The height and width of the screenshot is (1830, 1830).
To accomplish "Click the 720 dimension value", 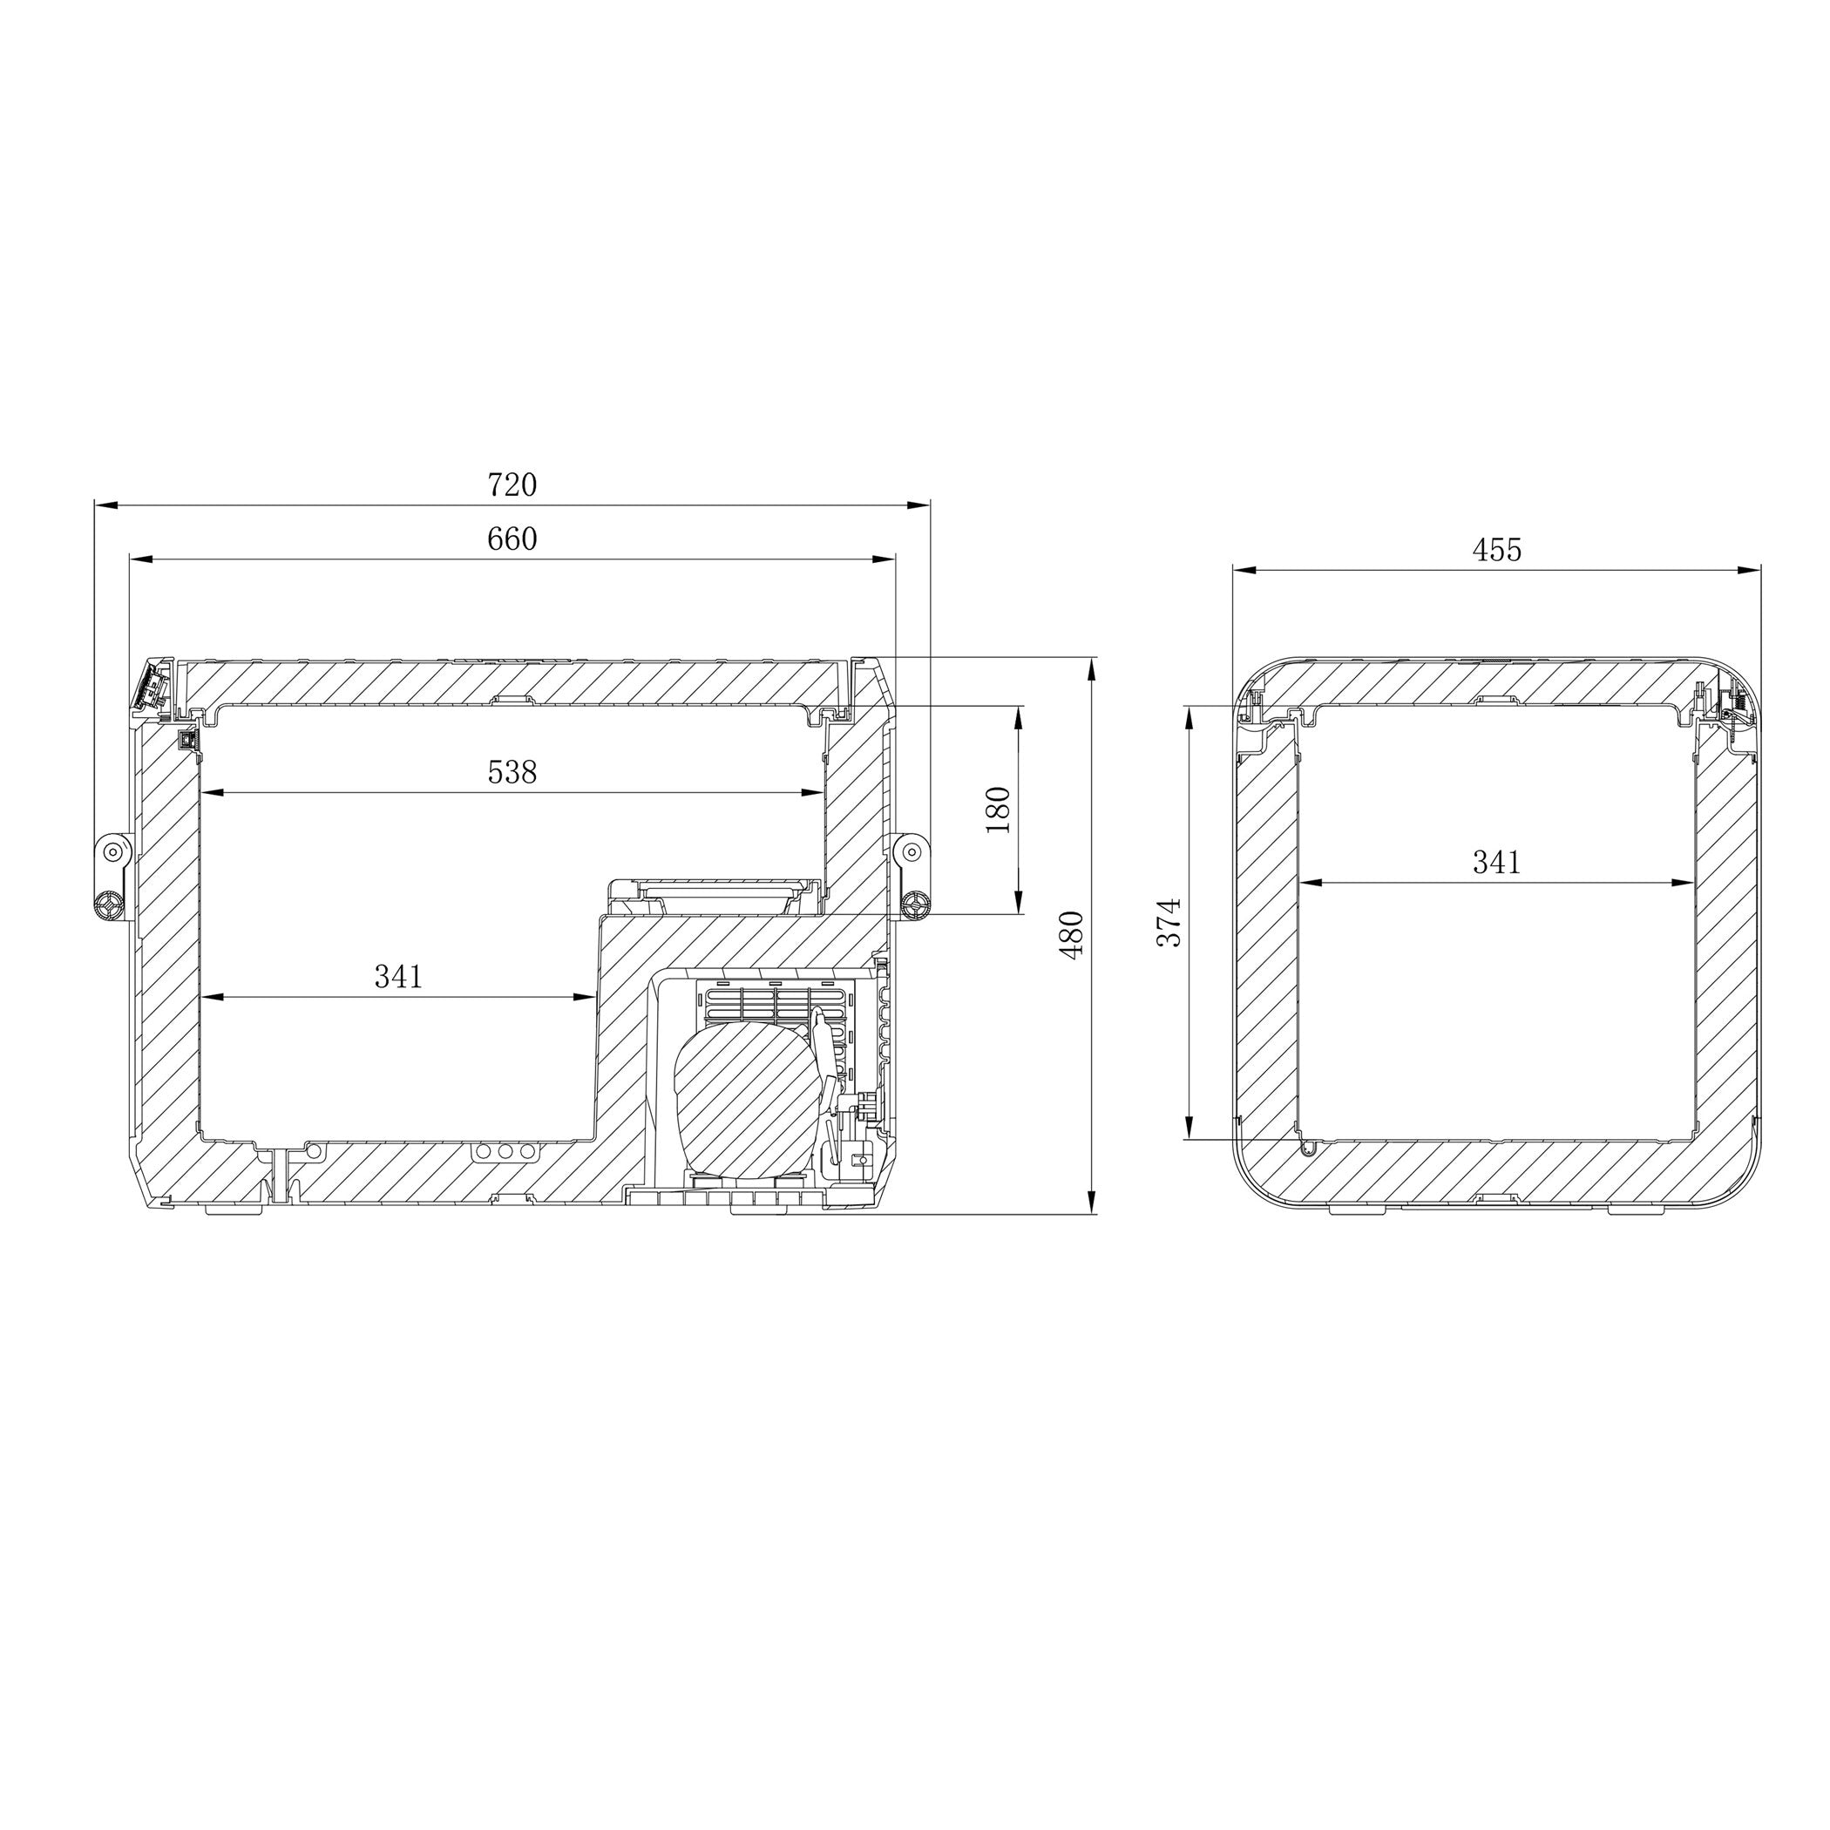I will (512, 486).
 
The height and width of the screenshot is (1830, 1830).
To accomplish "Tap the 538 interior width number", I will (512, 773).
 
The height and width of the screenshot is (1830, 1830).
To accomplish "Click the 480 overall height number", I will (1071, 935).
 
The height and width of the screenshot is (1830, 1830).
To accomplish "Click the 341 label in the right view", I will (1496, 863).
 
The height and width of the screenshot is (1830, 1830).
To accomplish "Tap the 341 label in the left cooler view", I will (399, 977).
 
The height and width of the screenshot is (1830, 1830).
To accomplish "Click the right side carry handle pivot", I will (912, 850).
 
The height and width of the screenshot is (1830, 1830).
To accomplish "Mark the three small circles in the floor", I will (505, 1152).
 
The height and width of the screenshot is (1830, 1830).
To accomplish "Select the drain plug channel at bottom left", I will (281, 1175).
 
